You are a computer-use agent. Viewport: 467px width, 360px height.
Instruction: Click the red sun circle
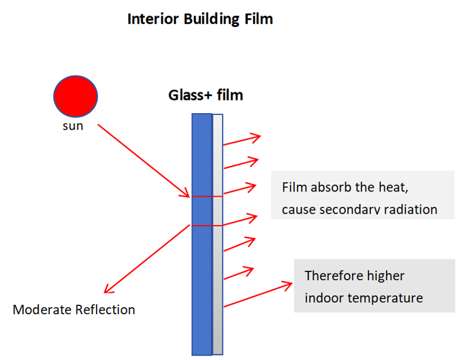tap(75, 97)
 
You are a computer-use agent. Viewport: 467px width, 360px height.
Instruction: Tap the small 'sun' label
tap(73, 126)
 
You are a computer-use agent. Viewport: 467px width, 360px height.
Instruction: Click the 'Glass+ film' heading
tap(205, 95)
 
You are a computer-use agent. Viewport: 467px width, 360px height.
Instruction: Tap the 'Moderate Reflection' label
tap(73, 310)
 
